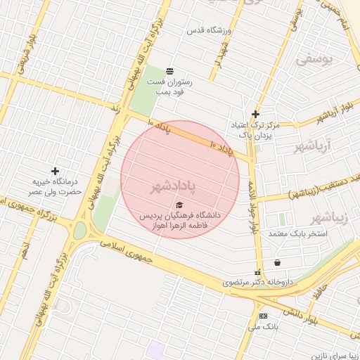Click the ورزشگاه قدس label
point(205,31)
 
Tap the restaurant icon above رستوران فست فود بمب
point(169,71)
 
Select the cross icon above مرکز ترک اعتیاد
point(255,114)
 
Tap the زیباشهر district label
point(328,216)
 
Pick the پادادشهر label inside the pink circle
point(173,188)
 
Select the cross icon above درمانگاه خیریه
point(55,171)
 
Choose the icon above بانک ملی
point(263,316)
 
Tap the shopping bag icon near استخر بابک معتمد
point(277,262)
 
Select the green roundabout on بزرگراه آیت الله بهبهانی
point(80,230)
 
